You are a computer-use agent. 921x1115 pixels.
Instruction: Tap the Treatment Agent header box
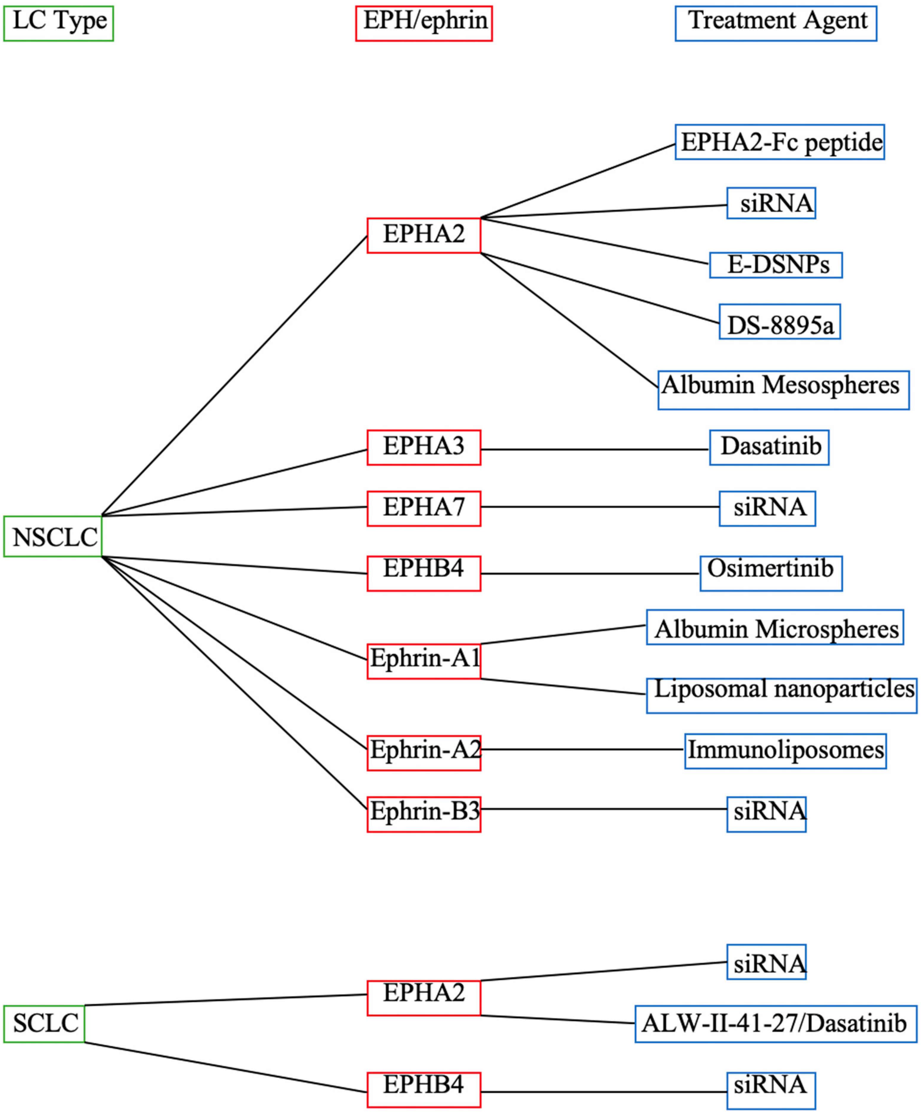776,23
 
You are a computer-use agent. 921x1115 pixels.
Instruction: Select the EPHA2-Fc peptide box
779,142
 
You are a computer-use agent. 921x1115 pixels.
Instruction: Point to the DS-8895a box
779,322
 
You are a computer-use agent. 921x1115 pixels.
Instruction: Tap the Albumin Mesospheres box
783,390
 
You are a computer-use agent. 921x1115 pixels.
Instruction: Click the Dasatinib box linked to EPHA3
769,447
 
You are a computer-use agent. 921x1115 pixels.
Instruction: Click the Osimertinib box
770,573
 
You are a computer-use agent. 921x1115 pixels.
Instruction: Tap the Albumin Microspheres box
775,627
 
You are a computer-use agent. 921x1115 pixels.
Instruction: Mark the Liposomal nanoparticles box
781,695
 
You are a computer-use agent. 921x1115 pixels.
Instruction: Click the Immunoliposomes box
785,751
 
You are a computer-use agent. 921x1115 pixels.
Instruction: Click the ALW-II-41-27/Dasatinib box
776,1023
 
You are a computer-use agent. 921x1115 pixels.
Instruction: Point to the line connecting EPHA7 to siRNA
600,507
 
